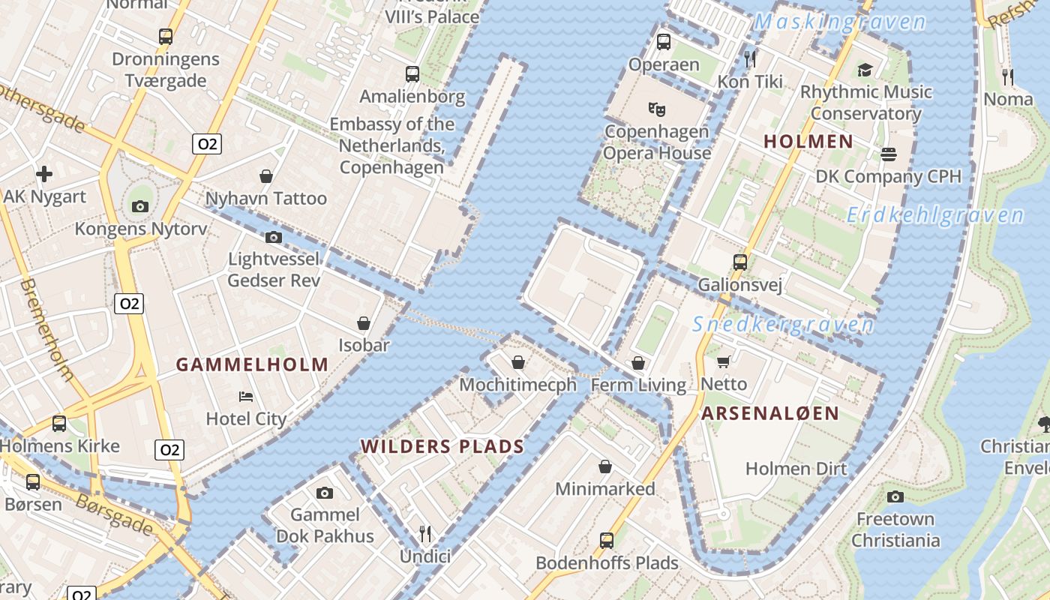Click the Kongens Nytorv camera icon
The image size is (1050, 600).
point(139,206)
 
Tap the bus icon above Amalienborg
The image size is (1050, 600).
point(412,73)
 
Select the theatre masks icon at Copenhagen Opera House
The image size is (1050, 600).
point(657,109)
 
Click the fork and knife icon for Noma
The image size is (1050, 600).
point(1008,76)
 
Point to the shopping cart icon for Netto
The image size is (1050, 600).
point(724,362)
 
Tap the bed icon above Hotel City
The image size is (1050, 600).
point(246,396)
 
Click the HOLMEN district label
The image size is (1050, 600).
point(808,141)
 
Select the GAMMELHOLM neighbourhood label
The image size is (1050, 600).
point(252,365)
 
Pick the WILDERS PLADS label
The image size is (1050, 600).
point(442,447)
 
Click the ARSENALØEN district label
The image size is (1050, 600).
point(770,413)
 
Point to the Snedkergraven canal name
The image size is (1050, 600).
point(782,325)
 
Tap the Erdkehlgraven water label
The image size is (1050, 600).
point(934,216)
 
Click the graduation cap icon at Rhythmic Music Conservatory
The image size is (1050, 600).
point(865,70)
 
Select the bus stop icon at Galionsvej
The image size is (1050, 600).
point(740,262)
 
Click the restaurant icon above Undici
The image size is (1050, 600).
point(425,533)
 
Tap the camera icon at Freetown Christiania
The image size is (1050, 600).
point(895,496)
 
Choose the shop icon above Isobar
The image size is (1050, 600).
point(364,323)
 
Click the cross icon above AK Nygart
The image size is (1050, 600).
point(44,175)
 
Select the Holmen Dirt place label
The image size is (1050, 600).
point(796,469)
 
